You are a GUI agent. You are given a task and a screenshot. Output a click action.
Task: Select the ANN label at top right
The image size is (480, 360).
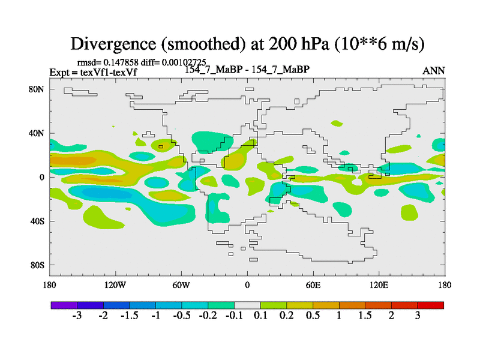pos(434,71)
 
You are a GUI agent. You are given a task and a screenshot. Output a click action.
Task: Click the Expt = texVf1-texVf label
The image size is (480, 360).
pos(97,72)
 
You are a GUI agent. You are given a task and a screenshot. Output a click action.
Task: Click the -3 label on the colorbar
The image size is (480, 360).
pos(77,317)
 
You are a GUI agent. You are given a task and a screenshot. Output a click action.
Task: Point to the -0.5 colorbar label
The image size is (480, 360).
pos(181,317)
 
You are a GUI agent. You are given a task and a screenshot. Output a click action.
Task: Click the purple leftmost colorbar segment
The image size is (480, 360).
pos(64,305)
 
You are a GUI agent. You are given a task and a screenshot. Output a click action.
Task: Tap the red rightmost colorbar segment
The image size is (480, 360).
pos(430,305)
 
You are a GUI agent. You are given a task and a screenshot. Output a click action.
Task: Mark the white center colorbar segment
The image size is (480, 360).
pos(247,305)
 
